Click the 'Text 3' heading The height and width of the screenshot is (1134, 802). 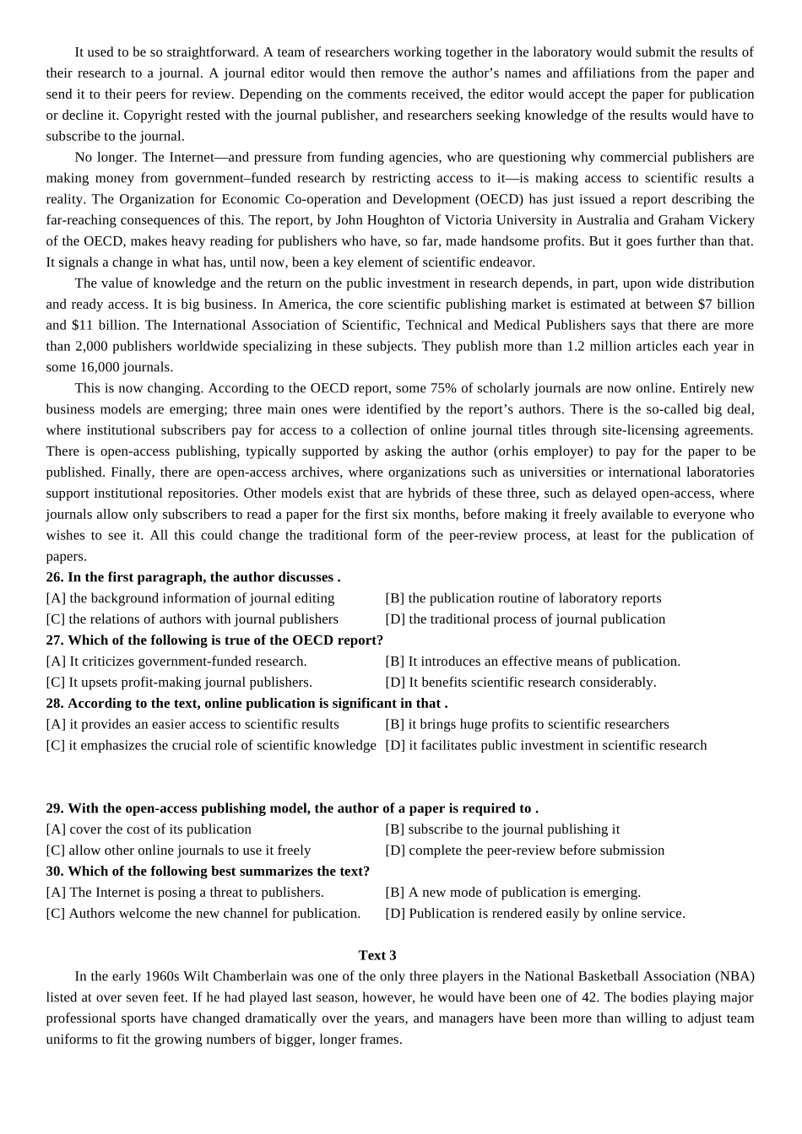click(x=377, y=955)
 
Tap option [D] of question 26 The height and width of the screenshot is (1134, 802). click(x=525, y=619)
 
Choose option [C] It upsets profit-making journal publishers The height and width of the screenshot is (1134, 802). click(x=179, y=682)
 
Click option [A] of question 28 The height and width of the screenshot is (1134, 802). click(x=192, y=724)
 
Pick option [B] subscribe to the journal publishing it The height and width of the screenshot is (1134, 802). click(x=502, y=829)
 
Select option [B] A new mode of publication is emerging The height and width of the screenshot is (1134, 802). click(x=512, y=892)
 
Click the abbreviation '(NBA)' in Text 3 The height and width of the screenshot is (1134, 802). click(x=734, y=976)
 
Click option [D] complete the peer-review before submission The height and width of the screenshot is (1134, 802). click(x=524, y=850)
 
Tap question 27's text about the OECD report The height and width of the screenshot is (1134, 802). click(x=225, y=640)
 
